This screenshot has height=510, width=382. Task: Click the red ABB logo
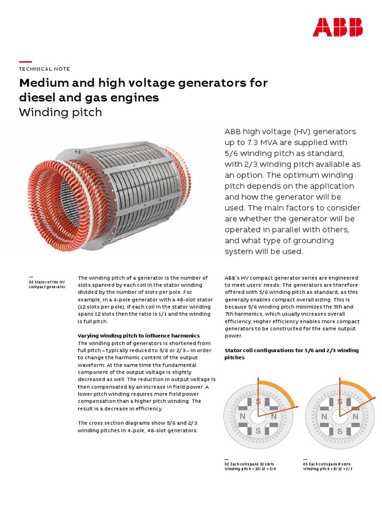[337, 27]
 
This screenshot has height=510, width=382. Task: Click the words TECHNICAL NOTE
[44, 69]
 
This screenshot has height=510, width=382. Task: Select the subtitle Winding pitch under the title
[60, 112]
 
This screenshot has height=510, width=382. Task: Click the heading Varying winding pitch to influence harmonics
[139, 335]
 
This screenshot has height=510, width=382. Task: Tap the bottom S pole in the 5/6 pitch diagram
[258, 431]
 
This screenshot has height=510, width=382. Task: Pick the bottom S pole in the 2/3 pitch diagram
[340, 431]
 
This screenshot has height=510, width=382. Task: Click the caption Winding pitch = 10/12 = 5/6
[250, 469]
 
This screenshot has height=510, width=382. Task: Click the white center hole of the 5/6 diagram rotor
[258, 416]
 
